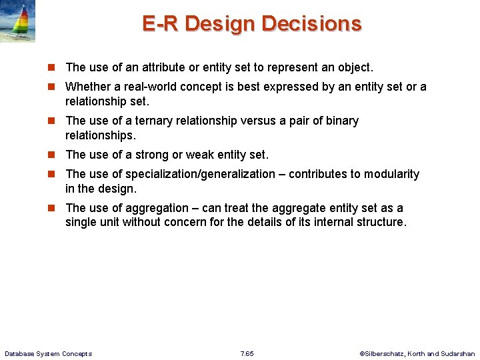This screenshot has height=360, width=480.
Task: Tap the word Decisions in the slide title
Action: (x=311, y=23)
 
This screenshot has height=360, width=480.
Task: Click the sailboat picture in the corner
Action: (x=18, y=22)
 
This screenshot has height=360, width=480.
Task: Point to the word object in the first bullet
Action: (x=354, y=67)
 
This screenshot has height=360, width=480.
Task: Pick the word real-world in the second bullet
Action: (x=151, y=87)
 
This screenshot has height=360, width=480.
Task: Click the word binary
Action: (x=340, y=121)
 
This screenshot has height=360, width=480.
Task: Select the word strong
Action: (x=152, y=155)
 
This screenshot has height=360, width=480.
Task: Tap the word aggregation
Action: (x=156, y=208)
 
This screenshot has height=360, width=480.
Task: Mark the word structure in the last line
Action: (x=379, y=222)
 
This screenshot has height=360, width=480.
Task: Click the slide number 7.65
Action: (x=247, y=353)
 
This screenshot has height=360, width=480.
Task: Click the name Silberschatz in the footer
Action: (x=384, y=353)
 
